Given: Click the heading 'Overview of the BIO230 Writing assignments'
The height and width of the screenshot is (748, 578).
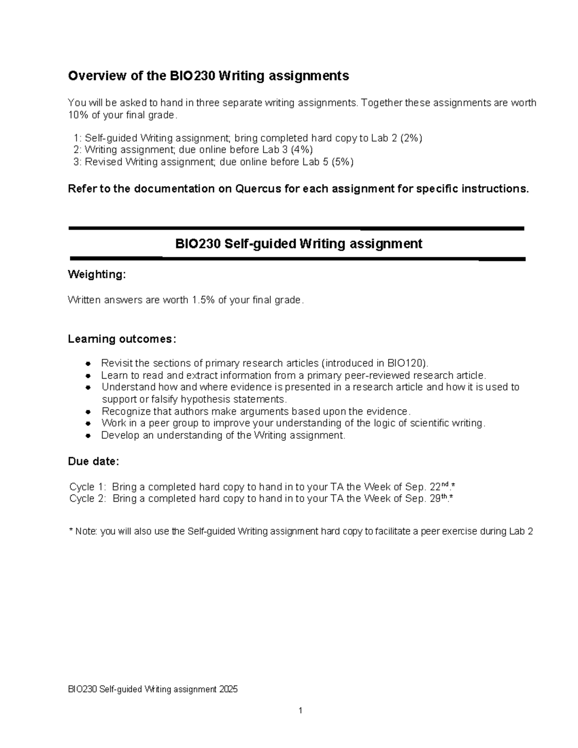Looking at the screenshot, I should point(208,76).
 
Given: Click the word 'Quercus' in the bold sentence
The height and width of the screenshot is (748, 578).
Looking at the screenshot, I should point(258,189).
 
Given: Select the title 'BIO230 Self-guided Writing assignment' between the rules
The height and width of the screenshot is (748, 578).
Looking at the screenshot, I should point(299,244).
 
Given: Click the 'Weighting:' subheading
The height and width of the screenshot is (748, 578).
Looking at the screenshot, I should point(97,275).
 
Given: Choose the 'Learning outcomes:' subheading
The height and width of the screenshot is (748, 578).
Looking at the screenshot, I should point(122,339).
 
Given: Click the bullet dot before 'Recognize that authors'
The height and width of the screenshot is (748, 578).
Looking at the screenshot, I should point(88,412).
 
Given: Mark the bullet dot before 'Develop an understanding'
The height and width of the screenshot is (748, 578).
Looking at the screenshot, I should point(88,436).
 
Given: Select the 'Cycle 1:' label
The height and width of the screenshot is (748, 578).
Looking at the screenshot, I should point(88,487).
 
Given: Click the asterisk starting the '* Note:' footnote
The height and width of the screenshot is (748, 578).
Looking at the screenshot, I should point(71,531).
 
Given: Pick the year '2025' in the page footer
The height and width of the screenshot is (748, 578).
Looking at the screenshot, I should point(228,689).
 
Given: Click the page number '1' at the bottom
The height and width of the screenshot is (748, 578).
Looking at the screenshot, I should point(301,710).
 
